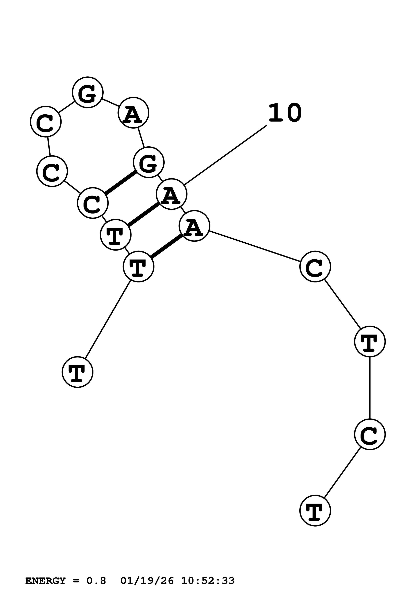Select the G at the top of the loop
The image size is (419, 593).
click(x=88, y=92)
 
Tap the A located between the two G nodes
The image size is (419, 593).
click(x=133, y=113)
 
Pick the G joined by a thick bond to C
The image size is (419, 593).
click(x=148, y=162)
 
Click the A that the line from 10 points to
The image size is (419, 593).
click(x=171, y=194)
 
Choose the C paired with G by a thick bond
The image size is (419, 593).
click(x=93, y=203)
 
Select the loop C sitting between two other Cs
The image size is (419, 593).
click(x=52, y=171)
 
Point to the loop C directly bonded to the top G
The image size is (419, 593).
click(x=46, y=121)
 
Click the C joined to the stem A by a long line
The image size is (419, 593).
click(x=315, y=266)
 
